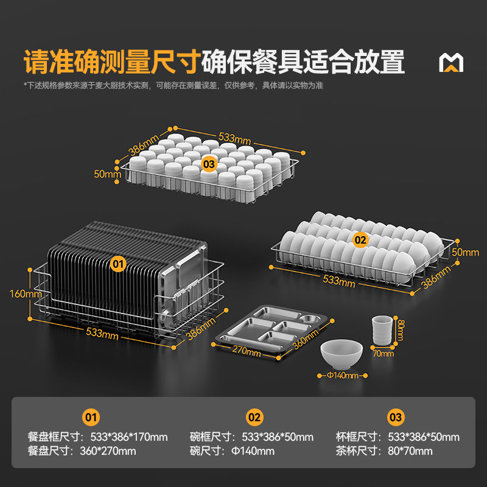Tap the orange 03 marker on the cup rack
209,164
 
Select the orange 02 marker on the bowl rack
360,240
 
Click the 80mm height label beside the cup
399,331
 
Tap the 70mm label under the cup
384,353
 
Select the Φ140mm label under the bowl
342,376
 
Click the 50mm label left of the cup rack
108,174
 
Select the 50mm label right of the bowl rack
466,252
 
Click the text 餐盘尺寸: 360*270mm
82,451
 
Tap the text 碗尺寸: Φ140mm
232,451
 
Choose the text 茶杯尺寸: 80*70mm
384,451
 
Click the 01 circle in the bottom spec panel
91,418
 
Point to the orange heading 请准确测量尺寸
112,63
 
